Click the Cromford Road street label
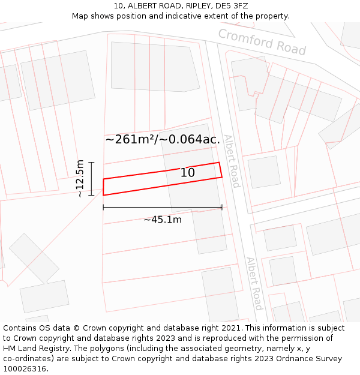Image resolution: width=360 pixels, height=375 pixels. (262, 41)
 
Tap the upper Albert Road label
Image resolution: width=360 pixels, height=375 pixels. (232, 161)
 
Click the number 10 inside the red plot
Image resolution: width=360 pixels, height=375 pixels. (188, 173)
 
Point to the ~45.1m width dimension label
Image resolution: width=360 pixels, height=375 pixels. (162, 220)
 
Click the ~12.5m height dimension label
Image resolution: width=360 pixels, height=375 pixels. (80, 178)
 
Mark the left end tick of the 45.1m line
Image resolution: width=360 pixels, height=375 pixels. (103, 207)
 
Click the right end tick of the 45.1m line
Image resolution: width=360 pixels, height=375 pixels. (222, 207)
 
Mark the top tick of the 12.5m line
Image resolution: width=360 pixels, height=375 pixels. (91, 162)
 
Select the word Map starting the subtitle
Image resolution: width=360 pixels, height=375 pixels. (80, 16)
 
